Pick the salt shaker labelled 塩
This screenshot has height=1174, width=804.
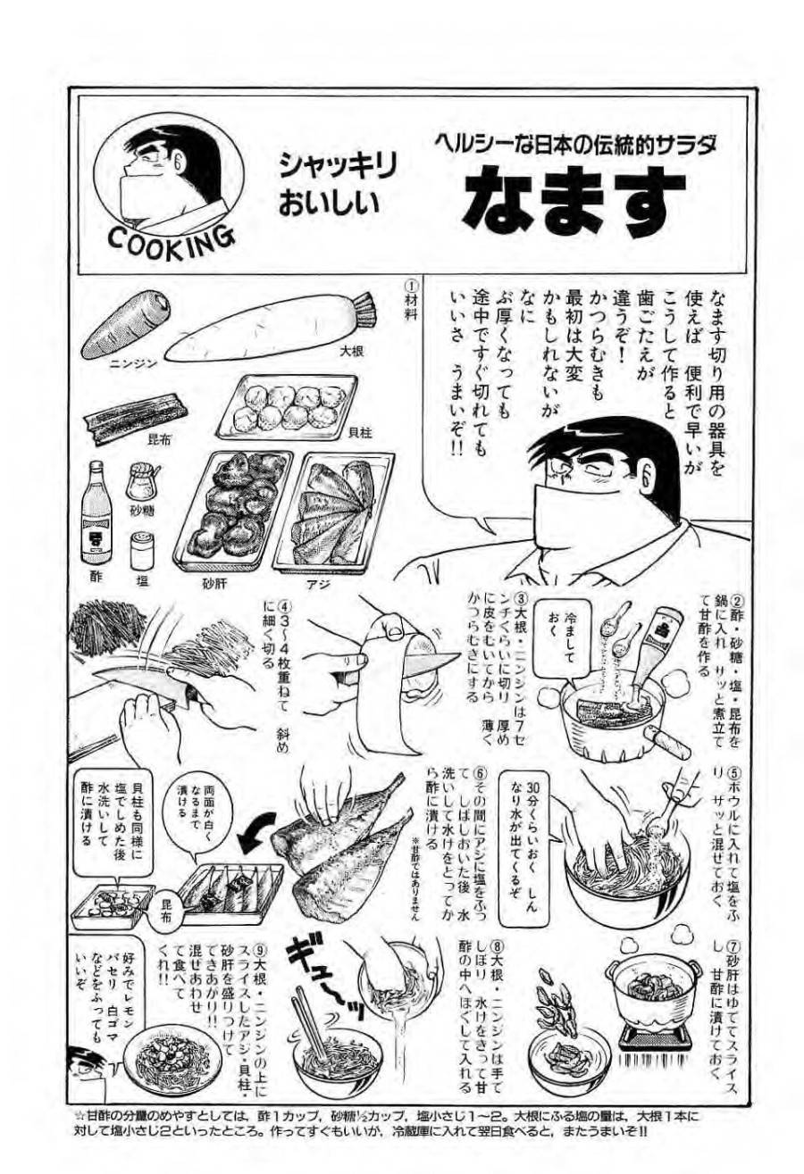pyautogui.click(x=140, y=551)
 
